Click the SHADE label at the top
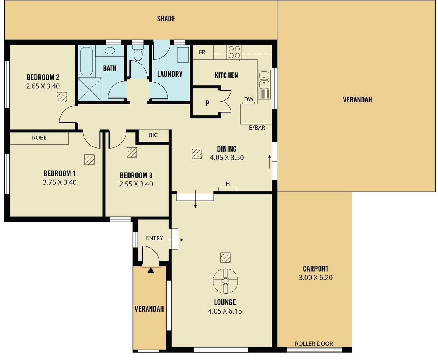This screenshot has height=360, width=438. (166, 19)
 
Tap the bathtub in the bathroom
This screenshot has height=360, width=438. (86, 61)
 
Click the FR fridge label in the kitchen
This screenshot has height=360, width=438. (202, 52)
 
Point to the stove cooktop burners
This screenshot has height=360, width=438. (234, 52)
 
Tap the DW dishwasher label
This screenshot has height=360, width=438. (248, 99)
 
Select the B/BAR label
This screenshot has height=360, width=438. (257, 128)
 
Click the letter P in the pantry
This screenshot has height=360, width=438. (207, 103)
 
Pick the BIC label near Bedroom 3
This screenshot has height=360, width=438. (153, 135)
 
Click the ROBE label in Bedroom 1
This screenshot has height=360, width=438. (40, 138)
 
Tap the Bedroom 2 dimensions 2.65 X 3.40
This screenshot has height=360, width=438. (43, 86)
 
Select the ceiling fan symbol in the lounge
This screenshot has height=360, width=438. (225, 281)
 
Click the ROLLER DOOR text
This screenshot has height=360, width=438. (314, 344)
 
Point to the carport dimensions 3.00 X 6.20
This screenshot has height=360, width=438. (315, 278)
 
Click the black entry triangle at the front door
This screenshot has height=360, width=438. (151, 270)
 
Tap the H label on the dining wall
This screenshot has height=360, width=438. (228, 184)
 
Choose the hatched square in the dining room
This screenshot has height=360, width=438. (197, 154)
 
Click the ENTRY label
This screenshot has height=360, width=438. (154, 238)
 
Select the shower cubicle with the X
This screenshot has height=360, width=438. (90, 89)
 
